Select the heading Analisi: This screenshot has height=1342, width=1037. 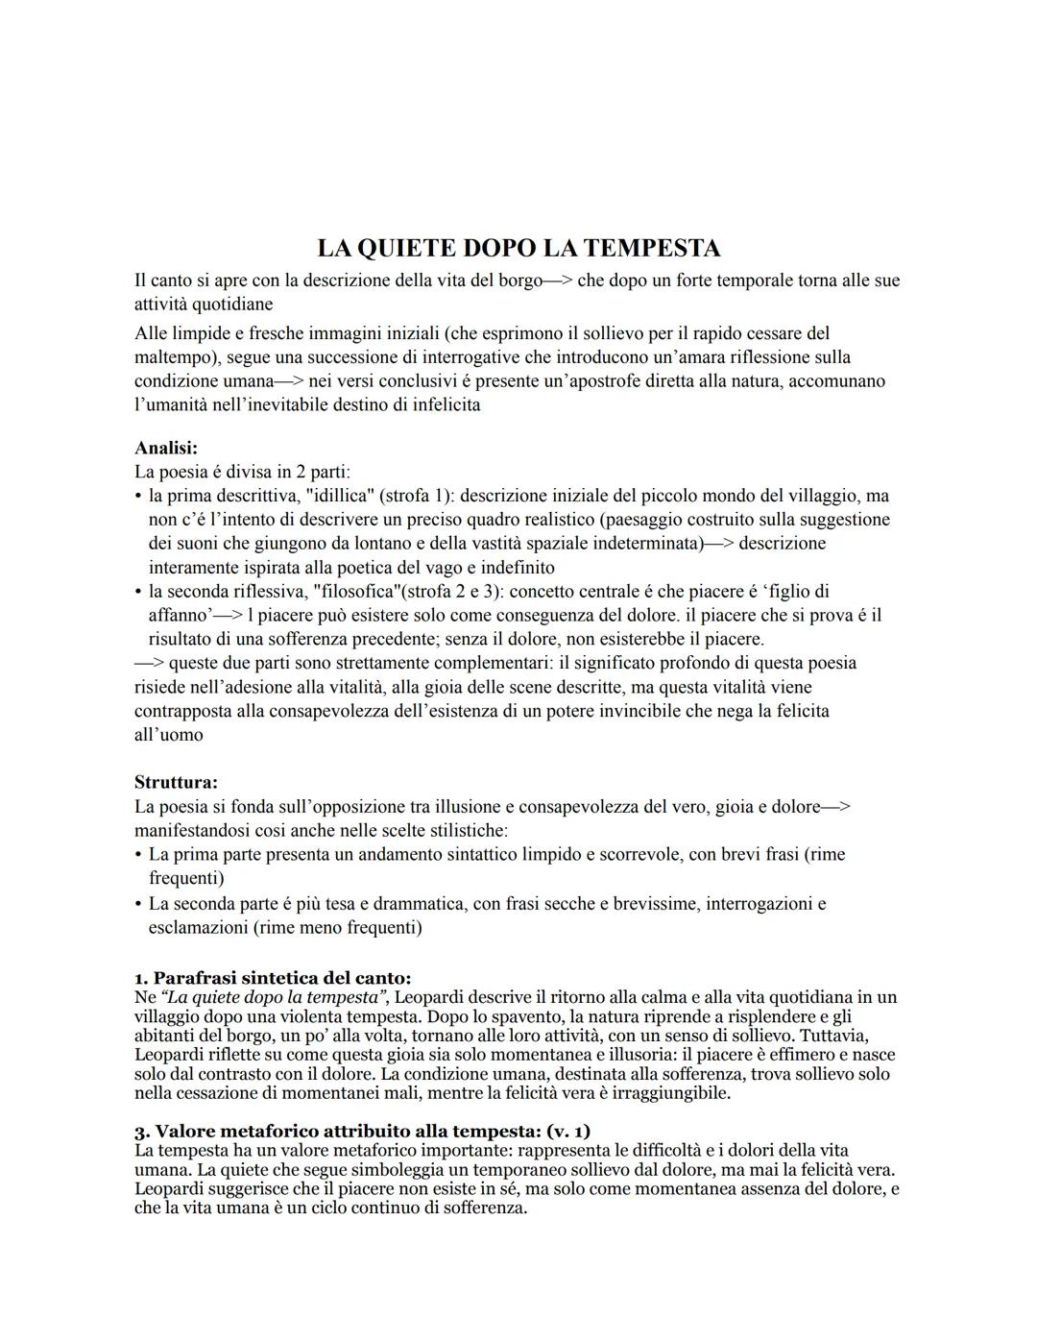166,448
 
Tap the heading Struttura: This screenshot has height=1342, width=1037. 176,782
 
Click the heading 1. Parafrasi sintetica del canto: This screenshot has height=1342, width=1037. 273,978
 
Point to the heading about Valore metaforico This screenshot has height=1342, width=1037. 362,1131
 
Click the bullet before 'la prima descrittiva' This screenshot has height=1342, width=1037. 139,497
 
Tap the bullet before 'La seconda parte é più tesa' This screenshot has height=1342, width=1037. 139,904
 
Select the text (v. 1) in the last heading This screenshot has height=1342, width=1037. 567,1131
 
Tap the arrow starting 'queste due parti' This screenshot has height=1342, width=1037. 149,663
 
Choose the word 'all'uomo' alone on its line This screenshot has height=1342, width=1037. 169,735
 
